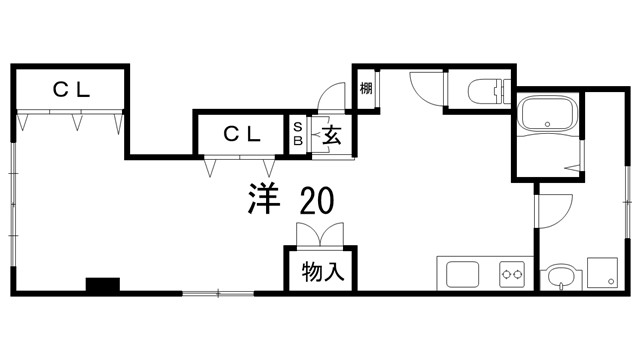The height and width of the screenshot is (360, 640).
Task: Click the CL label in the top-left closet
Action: [x=71, y=88]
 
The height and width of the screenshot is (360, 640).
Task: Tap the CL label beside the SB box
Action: [x=242, y=132]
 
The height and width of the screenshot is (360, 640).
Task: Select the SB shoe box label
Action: [x=297, y=134]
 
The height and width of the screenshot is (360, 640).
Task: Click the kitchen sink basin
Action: [x=463, y=273]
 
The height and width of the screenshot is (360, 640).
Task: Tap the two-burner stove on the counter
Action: [x=513, y=272]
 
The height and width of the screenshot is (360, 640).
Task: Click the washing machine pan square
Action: [x=603, y=271]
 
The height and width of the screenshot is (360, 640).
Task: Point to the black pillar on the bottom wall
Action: [x=102, y=284]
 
